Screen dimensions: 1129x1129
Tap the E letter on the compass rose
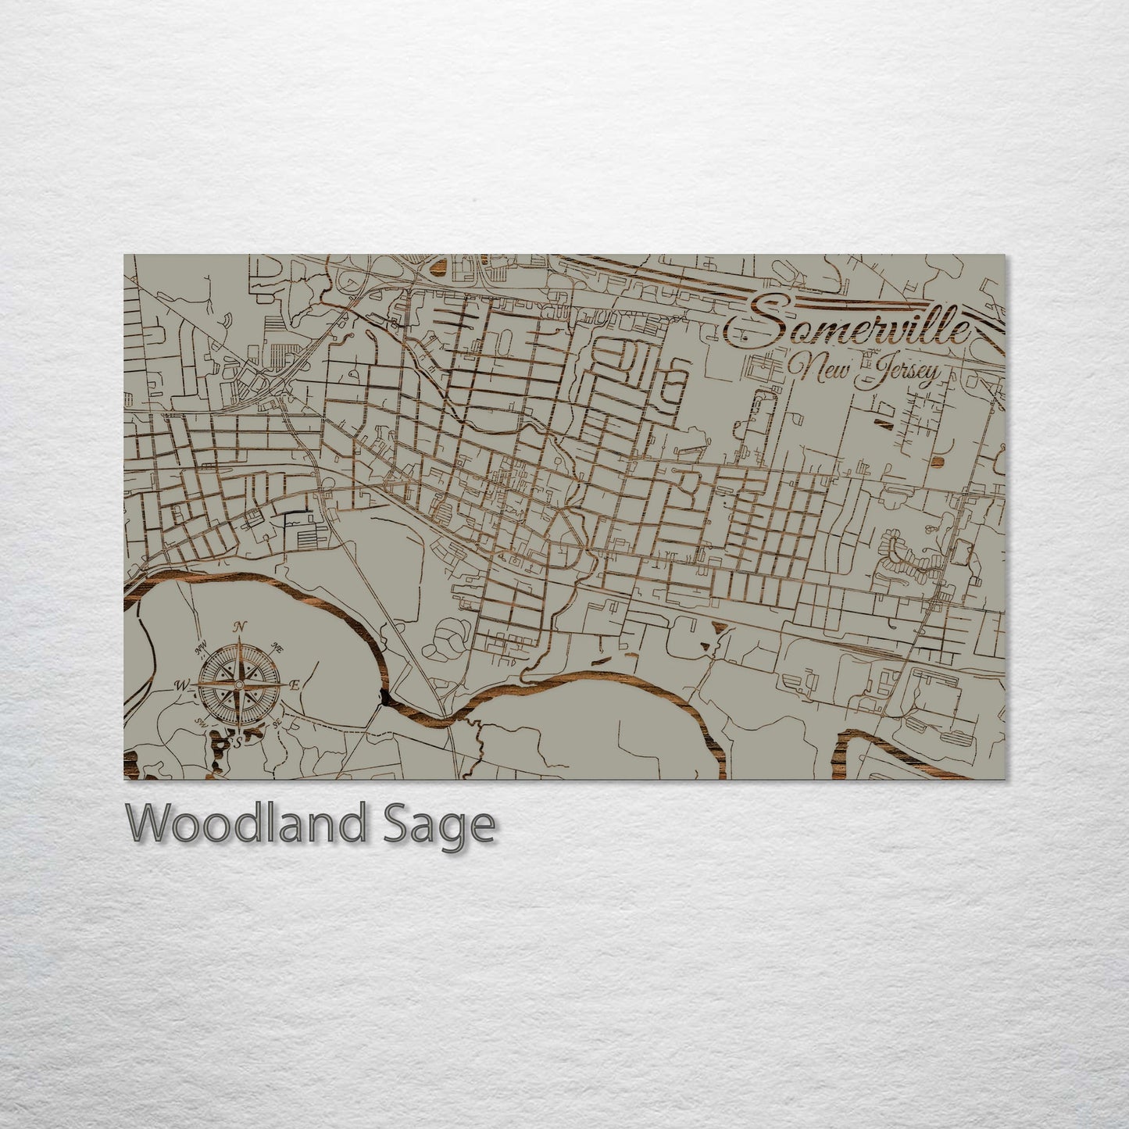click(x=295, y=685)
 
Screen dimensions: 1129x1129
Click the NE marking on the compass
click(x=276, y=645)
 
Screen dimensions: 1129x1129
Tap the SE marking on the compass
click(x=277, y=723)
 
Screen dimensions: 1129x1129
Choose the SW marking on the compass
click(x=201, y=722)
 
